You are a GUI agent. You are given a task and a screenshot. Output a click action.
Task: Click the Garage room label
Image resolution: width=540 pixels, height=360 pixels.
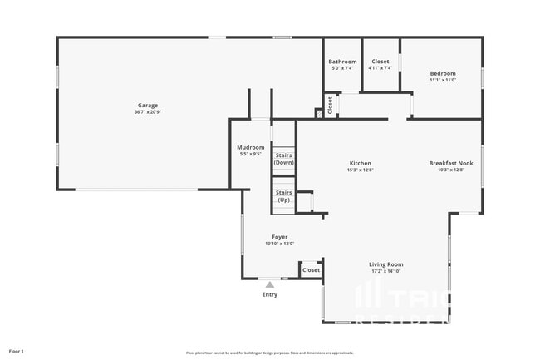(148, 106)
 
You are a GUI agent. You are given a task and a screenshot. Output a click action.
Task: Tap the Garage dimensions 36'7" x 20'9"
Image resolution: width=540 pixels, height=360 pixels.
(148, 112)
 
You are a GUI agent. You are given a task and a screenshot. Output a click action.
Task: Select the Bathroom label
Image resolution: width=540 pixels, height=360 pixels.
(342, 62)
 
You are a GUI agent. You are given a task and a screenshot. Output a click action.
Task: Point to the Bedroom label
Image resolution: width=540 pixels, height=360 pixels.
(442, 73)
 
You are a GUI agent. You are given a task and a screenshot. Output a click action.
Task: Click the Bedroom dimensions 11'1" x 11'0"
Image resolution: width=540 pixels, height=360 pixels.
(442, 81)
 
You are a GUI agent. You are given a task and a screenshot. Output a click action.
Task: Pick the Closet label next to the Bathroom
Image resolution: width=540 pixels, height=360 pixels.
(380, 62)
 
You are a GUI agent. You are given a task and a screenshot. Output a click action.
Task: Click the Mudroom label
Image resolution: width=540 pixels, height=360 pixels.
(251, 147)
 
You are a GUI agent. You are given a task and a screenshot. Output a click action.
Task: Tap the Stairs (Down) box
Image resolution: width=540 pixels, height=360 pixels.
(284, 159)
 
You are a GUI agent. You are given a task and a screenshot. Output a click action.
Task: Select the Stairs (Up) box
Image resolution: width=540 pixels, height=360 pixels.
(284, 196)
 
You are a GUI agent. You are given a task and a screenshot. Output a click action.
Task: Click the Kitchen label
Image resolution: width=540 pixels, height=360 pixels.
(360, 163)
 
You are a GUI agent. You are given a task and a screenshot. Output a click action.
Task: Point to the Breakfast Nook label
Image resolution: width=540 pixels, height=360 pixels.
(452, 163)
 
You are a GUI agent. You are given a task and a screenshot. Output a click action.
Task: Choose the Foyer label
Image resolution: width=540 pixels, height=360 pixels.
(279, 237)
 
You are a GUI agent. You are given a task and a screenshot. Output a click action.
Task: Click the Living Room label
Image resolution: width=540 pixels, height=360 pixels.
(385, 264)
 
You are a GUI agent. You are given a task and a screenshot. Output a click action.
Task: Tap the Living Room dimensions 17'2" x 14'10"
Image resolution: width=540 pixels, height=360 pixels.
(385, 272)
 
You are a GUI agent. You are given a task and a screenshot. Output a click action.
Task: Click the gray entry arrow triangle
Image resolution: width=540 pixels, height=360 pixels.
(269, 284)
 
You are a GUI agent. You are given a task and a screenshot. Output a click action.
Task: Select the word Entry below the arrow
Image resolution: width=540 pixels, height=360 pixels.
(270, 294)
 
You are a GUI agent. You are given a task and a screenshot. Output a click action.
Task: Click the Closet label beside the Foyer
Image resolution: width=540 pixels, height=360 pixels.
(311, 270)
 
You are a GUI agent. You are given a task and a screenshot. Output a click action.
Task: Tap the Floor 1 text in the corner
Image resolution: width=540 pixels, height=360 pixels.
(17, 351)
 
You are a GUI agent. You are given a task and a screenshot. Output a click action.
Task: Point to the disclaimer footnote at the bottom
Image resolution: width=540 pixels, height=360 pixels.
(269, 353)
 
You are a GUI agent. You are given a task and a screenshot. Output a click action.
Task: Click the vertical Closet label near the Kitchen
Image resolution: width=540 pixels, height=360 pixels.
(330, 106)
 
